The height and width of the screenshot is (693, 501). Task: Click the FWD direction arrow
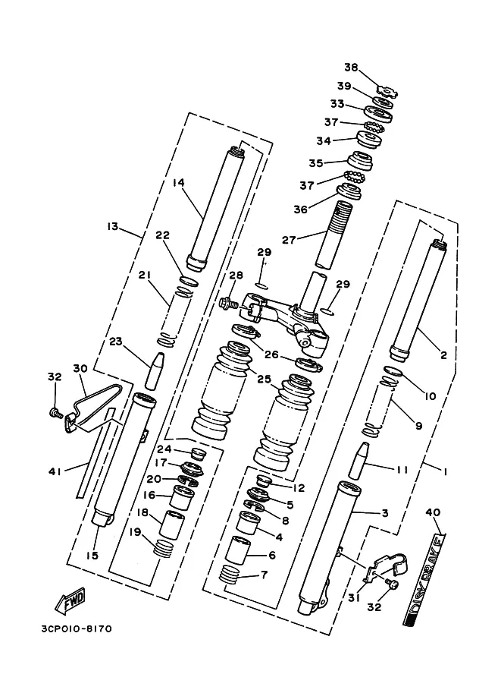coord(70,601)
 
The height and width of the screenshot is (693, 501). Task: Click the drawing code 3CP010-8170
coord(77,628)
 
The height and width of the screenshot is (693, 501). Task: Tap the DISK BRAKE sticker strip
coord(424,579)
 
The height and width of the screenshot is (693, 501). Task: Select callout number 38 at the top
coord(352,68)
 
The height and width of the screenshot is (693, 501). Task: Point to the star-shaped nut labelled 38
coord(388,90)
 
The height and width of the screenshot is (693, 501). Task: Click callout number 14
coord(178,182)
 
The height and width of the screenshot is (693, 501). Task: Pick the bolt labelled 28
coord(228,303)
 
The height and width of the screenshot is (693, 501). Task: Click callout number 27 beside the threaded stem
coord(289,240)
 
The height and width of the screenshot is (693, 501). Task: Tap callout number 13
coord(113,226)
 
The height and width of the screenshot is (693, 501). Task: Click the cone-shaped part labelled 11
coord(358,460)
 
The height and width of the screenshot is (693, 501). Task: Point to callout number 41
coord(55,471)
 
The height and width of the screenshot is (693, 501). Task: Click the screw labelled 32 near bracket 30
coord(55,412)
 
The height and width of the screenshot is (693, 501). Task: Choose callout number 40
coord(433,512)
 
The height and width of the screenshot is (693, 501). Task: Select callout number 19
coord(135,531)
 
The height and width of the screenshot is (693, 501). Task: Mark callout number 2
coord(443,355)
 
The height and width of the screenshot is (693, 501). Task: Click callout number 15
coord(92,556)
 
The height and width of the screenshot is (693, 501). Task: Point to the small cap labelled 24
coord(198,454)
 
